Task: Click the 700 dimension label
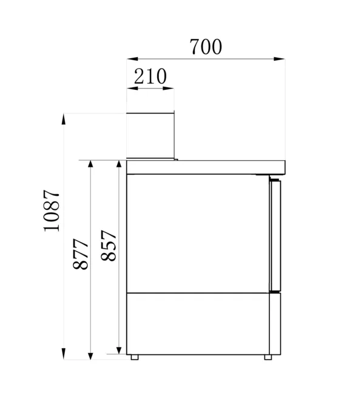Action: pyautogui.click(x=206, y=47)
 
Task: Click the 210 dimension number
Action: pyautogui.click(x=150, y=76)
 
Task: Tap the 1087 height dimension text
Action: pyautogui.click(x=52, y=211)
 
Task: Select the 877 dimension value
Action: pyautogui.click(x=80, y=254)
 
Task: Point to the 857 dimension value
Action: pyautogui.click(x=109, y=246)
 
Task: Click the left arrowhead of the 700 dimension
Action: pyautogui.click(x=132, y=59)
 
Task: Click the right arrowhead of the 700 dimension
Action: pyautogui.click(x=279, y=59)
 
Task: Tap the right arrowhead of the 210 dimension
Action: pyautogui.click(x=169, y=88)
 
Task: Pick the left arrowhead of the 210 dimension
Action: pyautogui.click(x=132, y=88)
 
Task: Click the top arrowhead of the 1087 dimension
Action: pyautogui.click(x=64, y=119)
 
